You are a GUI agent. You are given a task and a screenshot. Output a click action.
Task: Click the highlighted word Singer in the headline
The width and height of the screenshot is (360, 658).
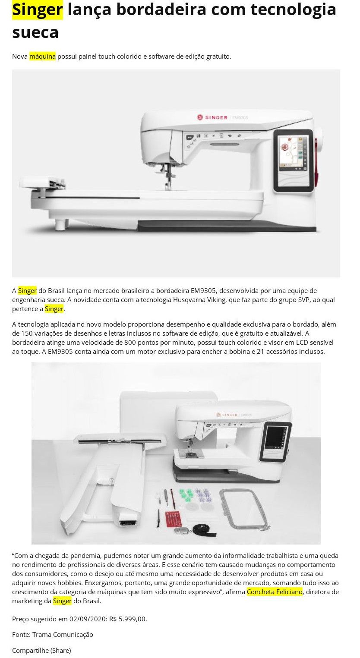point(37,10)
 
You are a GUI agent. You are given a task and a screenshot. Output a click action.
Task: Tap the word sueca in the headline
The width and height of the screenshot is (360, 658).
point(35,32)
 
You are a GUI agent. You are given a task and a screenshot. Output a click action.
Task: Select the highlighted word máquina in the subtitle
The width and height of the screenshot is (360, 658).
point(42,56)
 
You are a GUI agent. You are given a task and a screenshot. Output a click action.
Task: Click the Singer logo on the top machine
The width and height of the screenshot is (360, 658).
point(212,117)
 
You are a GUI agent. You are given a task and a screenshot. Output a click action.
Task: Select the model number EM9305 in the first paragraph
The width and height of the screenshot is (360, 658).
point(203,290)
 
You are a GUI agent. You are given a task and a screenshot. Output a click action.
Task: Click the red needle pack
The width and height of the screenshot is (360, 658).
point(173,519)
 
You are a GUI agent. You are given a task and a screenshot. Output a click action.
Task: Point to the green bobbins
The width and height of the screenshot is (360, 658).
point(186,494)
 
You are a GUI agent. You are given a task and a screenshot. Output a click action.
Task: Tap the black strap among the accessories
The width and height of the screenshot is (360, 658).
point(204,529)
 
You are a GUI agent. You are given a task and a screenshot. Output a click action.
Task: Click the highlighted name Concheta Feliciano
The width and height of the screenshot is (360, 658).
point(275,592)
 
